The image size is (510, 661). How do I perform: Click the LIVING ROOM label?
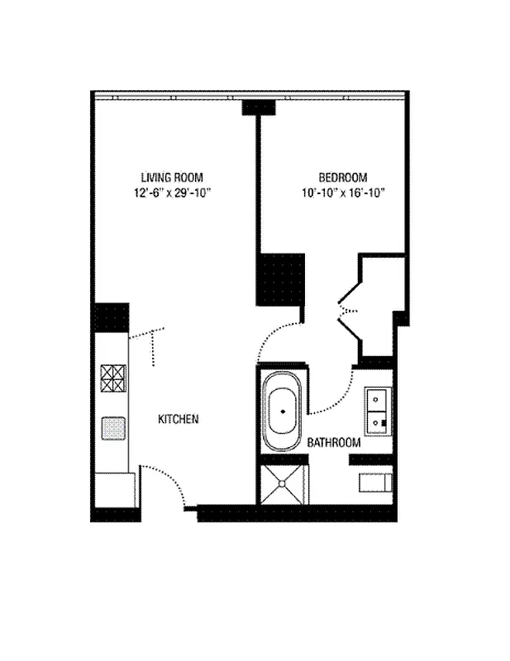pyautogui.click(x=171, y=177)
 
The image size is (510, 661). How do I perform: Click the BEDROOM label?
pyautogui.click(x=343, y=177)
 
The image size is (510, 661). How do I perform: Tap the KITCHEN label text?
pyautogui.click(x=178, y=420)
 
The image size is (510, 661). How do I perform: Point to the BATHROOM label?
pyautogui.click(x=334, y=443)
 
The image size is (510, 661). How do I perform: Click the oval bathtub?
pyautogui.click(x=284, y=410)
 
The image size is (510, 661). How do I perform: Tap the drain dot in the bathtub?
pyautogui.click(x=284, y=411)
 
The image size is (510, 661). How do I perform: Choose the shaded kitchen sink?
pyautogui.click(x=112, y=427)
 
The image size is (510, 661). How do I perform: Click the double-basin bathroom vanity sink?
pyautogui.click(x=379, y=410)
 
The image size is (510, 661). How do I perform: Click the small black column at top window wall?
pyautogui.click(x=258, y=108)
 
